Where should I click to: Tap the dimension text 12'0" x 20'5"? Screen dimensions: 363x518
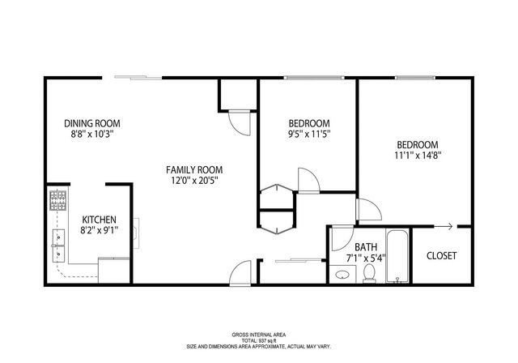point(194,182)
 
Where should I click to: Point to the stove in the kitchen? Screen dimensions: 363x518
point(58,200)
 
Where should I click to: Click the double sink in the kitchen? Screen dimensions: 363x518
point(57,246)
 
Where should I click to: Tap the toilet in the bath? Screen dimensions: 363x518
point(369,275)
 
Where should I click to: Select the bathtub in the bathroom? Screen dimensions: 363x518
point(397,257)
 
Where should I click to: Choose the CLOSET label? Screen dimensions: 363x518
point(441,255)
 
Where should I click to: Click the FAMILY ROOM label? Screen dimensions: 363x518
point(194,169)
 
